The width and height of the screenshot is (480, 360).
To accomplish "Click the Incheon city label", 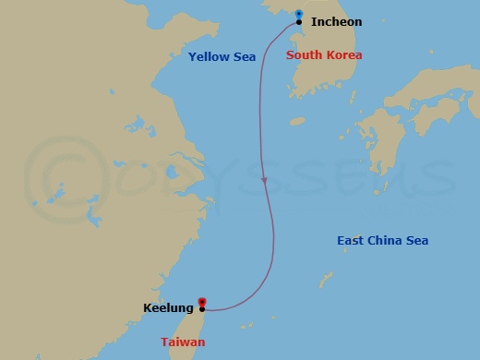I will (336, 21).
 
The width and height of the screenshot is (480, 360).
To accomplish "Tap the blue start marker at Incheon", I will (299, 13).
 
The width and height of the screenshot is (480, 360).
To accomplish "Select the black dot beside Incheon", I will (299, 21).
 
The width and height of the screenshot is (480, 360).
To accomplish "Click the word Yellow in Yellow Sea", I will (208, 57).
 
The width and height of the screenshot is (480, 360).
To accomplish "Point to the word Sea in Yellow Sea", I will (244, 57).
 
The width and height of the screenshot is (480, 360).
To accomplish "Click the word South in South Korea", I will (305, 55).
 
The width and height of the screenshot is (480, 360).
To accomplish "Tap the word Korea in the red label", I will (344, 55).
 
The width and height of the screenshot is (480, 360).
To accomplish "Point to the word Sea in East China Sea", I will (417, 241).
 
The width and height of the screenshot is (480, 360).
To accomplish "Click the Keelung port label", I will (168, 308).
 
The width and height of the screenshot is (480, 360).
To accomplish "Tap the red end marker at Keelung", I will (201, 301).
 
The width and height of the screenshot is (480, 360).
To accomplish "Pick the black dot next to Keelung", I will (201, 308).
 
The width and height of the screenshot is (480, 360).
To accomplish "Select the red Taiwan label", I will (183, 342).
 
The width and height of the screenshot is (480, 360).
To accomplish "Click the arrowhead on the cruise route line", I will (264, 180).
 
